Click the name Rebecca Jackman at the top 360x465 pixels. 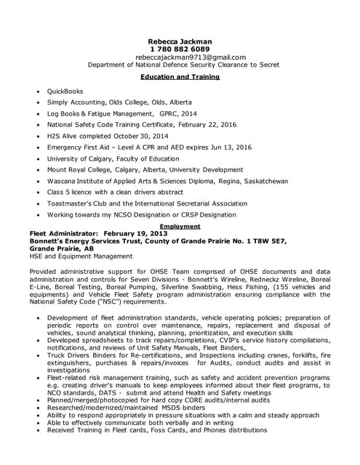tap(180, 41)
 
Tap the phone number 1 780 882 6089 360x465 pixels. tap(180, 49)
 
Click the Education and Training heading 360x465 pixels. tap(180, 76)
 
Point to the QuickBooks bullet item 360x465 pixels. tap(65, 92)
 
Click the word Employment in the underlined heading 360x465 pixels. tap(180, 226)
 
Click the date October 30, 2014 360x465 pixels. tap(141, 136)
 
